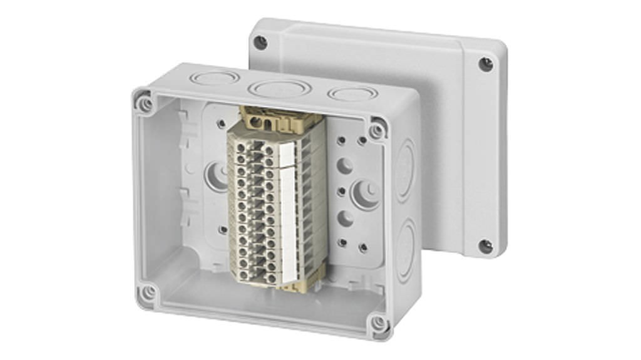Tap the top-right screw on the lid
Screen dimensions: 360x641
coord(486,63)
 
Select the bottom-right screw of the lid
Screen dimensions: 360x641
coord(485,245)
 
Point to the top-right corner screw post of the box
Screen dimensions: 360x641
coord(377,130)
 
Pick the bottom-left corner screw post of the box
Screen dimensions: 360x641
coord(148,292)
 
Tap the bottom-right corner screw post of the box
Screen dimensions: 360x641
coord(377,323)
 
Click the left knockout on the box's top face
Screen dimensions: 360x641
coord(215,79)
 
